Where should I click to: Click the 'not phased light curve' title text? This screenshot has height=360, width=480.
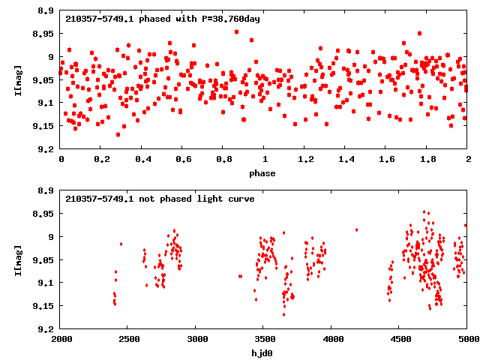[160, 199]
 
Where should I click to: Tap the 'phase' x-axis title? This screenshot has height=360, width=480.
[264, 173]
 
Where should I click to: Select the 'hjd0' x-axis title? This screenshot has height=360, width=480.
[264, 353]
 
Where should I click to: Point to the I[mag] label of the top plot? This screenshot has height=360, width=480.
[19, 80]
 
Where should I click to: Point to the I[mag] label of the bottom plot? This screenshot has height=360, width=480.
[19, 260]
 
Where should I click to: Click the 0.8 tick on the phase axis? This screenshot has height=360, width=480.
[223, 160]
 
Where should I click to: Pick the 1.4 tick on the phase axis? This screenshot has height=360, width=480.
[346, 160]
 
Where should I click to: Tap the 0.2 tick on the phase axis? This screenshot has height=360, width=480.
[101, 160]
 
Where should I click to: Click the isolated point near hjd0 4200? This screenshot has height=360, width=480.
[356, 229]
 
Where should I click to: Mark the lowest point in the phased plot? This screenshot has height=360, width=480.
[118, 134]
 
